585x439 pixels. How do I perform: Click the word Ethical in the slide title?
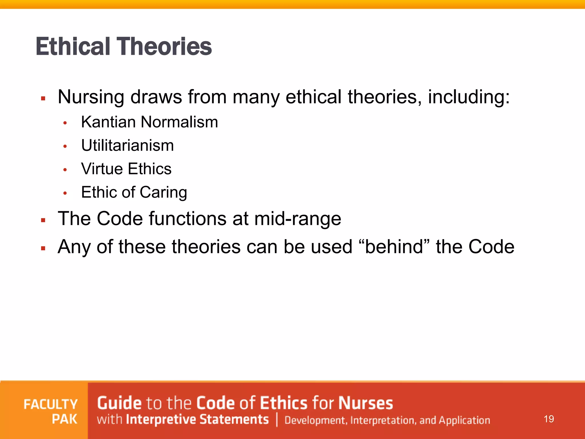pos(73,47)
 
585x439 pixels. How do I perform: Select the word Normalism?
pos(179,122)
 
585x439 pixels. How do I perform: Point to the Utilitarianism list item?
pos(127,145)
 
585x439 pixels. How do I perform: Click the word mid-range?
pos(298,219)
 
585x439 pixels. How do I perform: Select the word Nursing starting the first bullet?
pos(91,97)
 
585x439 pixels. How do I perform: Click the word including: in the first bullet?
pos(469,97)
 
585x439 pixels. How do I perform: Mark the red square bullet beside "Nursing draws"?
pos(43,99)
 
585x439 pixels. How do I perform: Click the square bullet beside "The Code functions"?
pos(43,220)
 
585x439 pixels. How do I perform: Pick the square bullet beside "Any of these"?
pos(43,248)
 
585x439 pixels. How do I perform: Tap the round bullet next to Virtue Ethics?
pos(65,170)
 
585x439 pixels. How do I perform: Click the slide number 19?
pos(549,419)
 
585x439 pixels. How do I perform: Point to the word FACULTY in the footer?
pos(51,404)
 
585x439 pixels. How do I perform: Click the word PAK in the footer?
pos(65,419)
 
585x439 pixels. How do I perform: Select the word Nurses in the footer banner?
pos(366,403)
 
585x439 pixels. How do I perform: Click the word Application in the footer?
pos(464,420)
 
